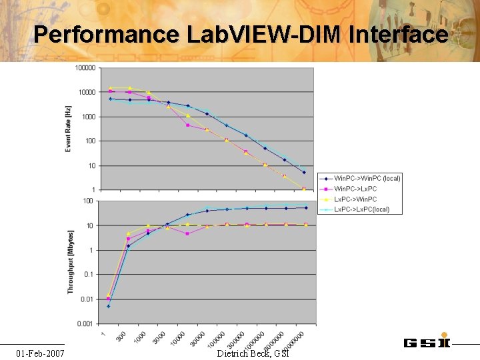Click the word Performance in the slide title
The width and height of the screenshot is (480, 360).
[105, 35]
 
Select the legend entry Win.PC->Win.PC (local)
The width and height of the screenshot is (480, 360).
[367, 178]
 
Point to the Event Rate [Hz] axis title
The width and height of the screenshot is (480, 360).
[68, 129]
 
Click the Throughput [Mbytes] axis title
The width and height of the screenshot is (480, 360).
[71, 262]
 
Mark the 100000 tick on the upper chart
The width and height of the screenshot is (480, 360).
[85, 68]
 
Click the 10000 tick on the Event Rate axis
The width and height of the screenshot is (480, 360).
[86, 92]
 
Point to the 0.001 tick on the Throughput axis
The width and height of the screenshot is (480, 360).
[85, 323]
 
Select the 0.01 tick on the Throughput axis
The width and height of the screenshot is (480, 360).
[87, 299]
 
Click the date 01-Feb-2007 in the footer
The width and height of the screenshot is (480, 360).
[40, 352]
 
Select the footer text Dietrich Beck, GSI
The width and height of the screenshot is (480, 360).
[253, 353]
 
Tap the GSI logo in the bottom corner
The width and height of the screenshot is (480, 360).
[427, 343]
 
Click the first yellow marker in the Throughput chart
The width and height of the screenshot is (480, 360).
[109, 295]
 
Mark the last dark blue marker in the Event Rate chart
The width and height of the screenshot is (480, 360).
[304, 173]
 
